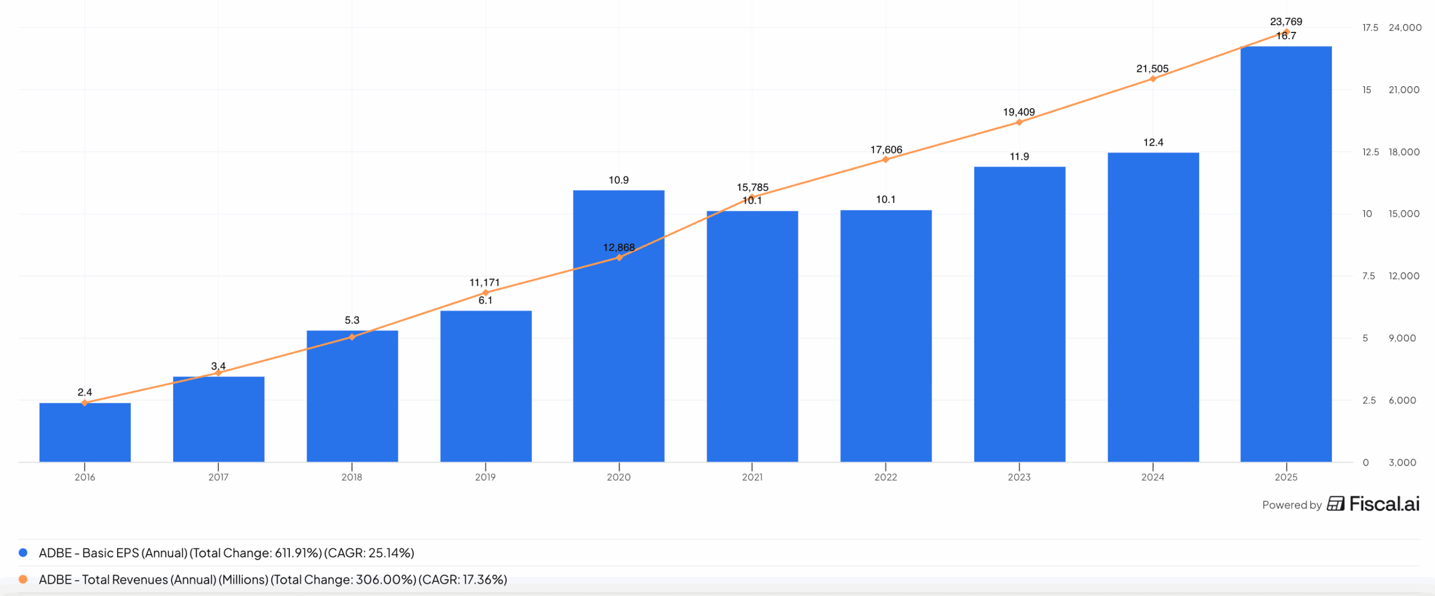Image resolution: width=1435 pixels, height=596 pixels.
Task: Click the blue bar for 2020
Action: tap(618, 336)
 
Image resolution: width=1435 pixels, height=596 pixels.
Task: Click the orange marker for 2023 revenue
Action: tap(1019, 122)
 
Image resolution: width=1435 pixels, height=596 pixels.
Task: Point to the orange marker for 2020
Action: tap(619, 258)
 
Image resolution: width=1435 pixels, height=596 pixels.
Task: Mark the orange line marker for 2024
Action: tap(1153, 79)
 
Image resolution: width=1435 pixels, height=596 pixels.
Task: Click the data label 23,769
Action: tap(1286, 21)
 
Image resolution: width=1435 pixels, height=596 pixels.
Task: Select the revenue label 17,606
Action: tap(886, 150)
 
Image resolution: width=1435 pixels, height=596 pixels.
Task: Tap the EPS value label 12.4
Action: tap(1153, 142)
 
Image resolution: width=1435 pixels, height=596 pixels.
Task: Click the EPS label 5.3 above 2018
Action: tap(352, 320)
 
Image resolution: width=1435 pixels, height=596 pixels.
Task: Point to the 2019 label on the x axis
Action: tap(485, 477)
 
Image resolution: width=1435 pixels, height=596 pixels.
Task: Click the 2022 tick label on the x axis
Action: tap(886, 477)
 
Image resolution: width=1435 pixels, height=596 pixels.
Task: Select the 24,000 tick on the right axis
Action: tap(1405, 27)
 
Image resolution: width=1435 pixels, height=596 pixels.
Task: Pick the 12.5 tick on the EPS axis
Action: tap(1371, 152)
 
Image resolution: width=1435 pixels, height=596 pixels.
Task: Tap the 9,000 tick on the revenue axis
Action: tap(1402, 338)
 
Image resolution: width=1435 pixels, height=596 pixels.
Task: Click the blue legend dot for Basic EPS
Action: tap(23, 553)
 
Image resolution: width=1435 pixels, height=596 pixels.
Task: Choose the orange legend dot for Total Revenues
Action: tap(23, 579)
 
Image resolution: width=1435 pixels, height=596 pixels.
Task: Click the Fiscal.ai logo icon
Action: tap(1335, 504)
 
